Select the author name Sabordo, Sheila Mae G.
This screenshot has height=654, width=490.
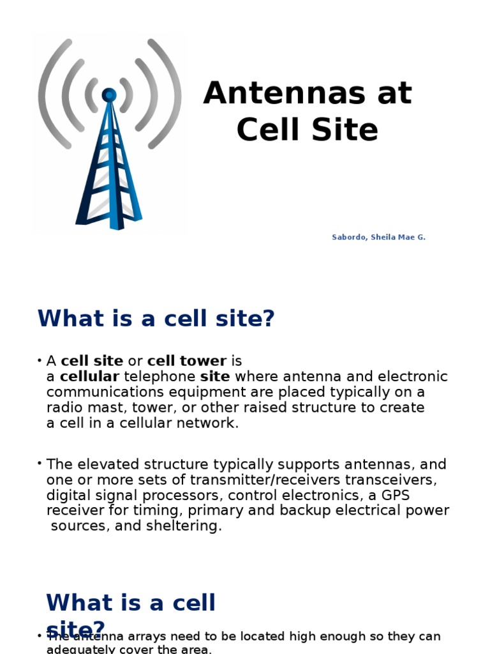pyautogui.click(x=378, y=238)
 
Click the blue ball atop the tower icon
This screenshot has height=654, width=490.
pyautogui.click(x=109, y=95)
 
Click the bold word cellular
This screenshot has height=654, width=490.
pyautogui.click(x=89, y=377)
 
